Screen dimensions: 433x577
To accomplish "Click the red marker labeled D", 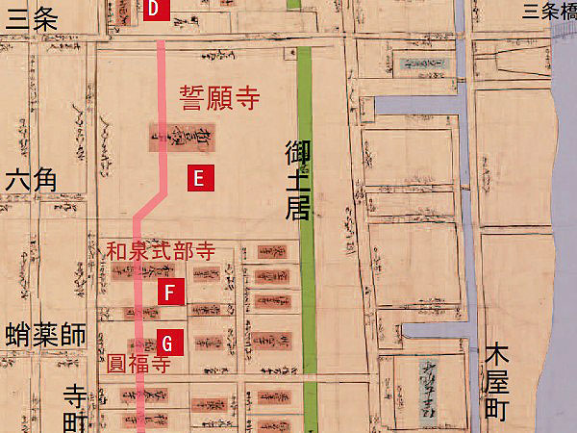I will [159, 9].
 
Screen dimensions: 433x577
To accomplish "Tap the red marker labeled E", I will [198, 178].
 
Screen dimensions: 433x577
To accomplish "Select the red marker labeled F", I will [170, 293].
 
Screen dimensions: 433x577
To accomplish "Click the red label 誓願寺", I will [220, 97].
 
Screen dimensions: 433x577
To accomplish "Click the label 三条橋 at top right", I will [545, 12].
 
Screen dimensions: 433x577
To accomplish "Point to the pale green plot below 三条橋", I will [420, 65].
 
